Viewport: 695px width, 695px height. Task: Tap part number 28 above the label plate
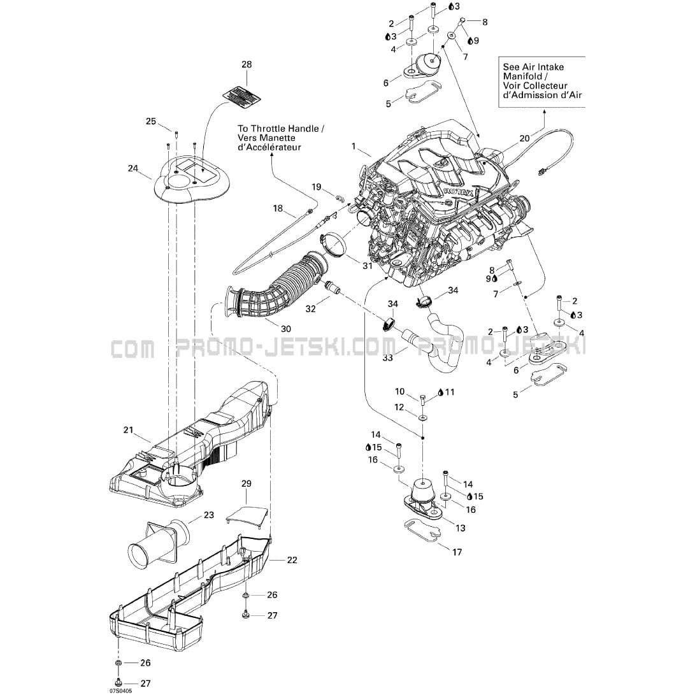(x=247, y=64)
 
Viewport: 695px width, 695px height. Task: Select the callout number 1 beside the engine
(x=354, y=146)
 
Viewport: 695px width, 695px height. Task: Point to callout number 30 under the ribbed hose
(x=285, y=328)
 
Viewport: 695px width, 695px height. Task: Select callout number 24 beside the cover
(x=133, y=168)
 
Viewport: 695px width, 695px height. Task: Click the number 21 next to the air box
(x=128, y=431)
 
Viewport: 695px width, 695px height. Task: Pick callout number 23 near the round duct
(x=208, y=515)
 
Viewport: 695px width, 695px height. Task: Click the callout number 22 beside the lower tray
(x=292, y=560)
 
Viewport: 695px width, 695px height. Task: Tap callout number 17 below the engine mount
(x=457, y=552)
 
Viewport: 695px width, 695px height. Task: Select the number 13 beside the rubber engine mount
(x=461, y=527)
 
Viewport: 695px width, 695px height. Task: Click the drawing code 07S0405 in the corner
(x=120, y=689)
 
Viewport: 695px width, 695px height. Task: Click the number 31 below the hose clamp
(x=367, y=265)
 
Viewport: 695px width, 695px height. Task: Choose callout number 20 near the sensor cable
(x=524, y=138)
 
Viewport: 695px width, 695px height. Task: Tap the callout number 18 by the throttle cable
(x=278, y=208)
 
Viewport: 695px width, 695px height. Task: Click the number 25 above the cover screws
(x=151, y=121)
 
